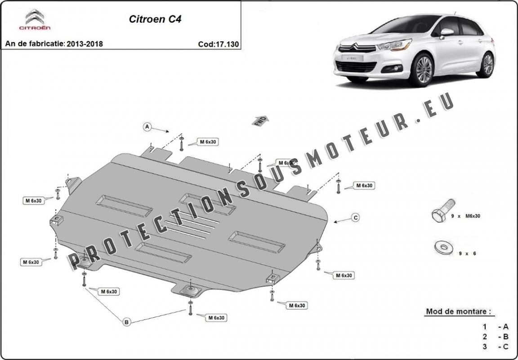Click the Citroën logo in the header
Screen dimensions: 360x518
(34, 20)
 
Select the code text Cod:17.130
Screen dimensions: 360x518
(218, 44)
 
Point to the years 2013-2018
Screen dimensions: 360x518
(85, 44)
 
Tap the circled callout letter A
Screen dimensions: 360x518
(147, 127)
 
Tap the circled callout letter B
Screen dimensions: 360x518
(126, 321)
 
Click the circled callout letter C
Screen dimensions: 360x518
(355, 218)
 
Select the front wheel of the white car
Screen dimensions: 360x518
(423, 70)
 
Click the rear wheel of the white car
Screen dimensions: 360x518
(487, 64)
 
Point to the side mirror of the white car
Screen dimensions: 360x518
(446, 33)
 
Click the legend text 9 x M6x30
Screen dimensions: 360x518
(466, 216)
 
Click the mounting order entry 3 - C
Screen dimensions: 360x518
(496, 346)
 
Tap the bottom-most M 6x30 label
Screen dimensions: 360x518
(216, 318)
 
